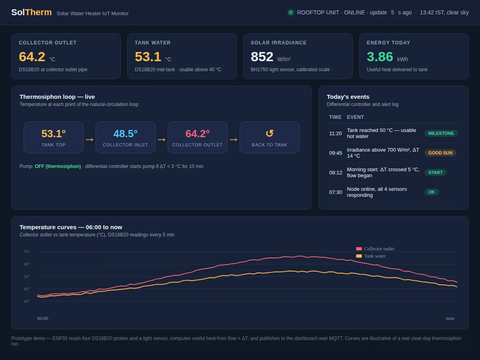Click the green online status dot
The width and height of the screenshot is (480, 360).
pyautogui.click(x=291, y=13)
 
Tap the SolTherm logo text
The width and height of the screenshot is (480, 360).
pyautogui.click(x=32, y=12)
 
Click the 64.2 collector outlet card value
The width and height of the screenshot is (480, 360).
pyautogui.click(x=32, y=57)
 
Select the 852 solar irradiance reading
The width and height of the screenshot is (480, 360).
pyautogui.click(x=262, y=57)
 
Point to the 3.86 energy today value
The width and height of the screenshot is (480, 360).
pyautogui.click(x=380, y=57)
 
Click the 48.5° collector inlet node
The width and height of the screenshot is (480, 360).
pyautogui.click(x=126, y=138)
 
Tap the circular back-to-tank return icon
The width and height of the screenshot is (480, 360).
pyautogui.click(x=270, y=133)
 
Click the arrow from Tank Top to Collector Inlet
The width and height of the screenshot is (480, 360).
pyautogui.click(x=90, y=140)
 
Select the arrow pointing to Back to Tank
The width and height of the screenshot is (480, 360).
pyautogui.click(x=234, y=140)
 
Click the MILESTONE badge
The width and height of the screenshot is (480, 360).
pyautogui.click(x=441, y=133)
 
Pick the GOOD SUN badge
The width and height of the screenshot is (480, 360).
pyautogui.click(x=440, y=153)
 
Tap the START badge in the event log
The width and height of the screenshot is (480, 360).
pyautogui.click(x=435, y=173)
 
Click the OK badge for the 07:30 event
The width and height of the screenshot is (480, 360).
pyautogui.click(x=432, y=192)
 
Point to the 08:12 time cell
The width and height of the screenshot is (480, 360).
pyautogui.click(x=336, y=173)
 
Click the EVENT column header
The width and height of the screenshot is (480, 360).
pyautogui.click(x=355, y=117)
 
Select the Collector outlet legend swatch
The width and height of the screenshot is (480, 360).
pyautogui.click(x=359, y=249)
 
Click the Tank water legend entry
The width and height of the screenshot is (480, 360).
pyautogui.click(x=371, y=256)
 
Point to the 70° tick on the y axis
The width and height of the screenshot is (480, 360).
pyautogui.click(x=27, y=252)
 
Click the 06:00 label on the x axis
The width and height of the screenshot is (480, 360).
pyautogui.click(x=43, y=318)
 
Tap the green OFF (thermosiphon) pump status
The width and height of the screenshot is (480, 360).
pyautogui.click(x=58, y=166)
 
